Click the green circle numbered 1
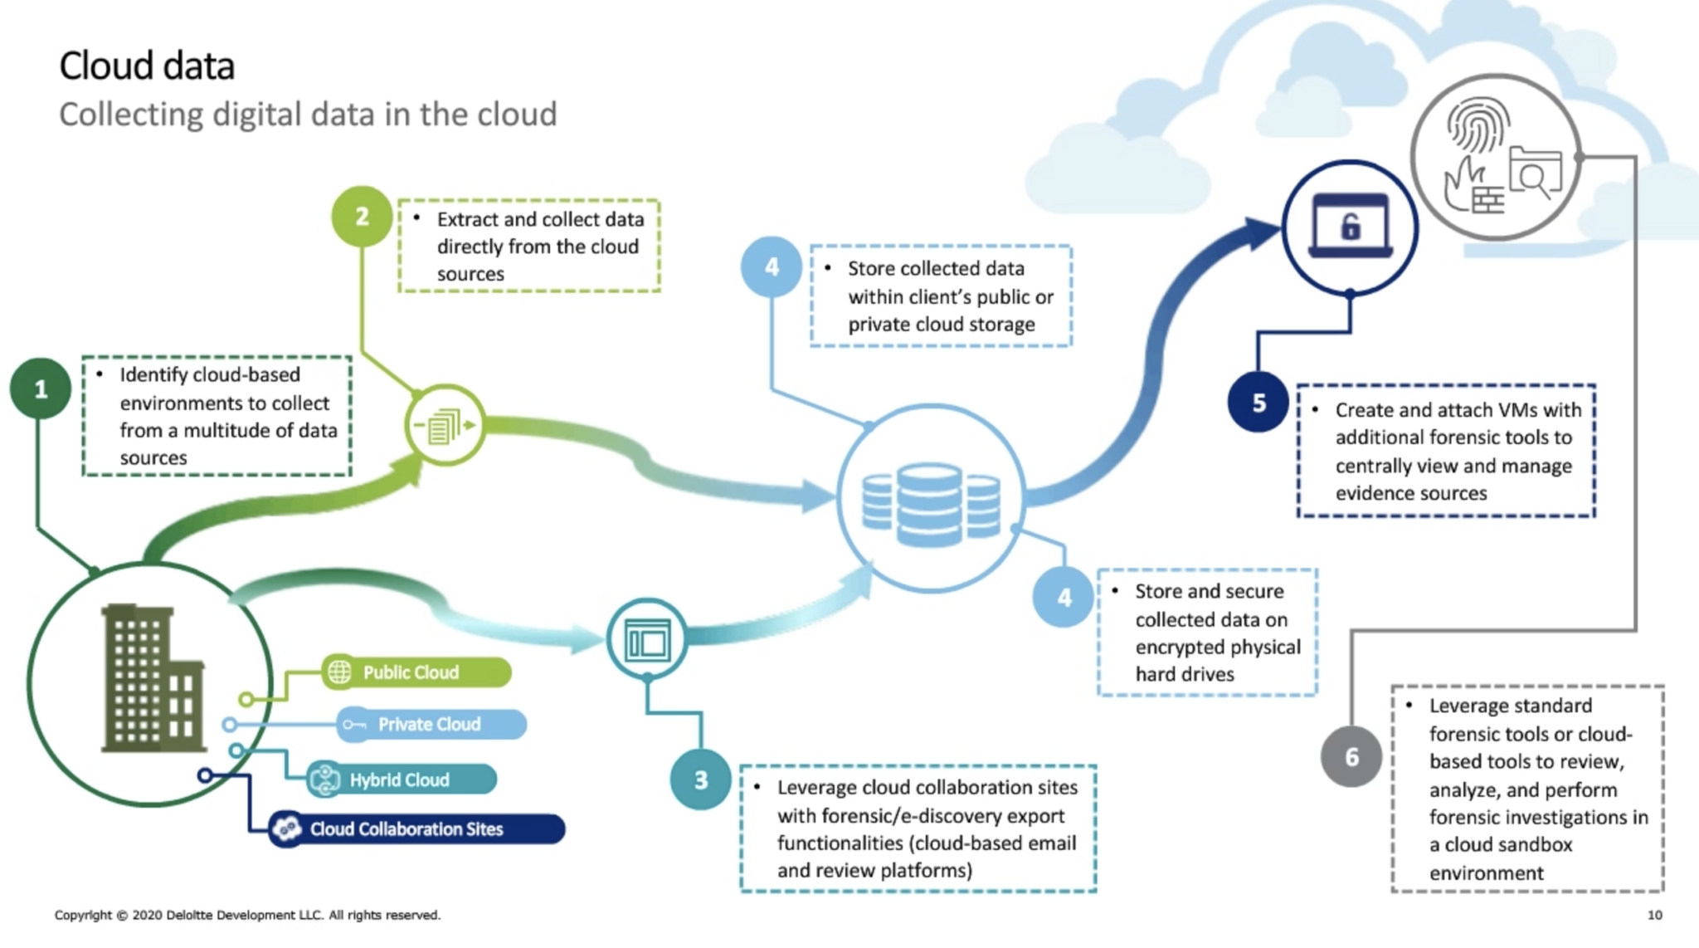click(40, 388)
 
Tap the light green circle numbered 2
click(362, 217)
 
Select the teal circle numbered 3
click(701, 779)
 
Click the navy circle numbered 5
click(1258, 403)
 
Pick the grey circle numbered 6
click(1351, 756)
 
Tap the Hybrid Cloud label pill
click(402, 779)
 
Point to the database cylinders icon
click(931, 504)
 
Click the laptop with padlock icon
click(1350, 227)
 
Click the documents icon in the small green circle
click(445, 425)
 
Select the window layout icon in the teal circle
click(647, 640)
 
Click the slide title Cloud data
click(147, 66)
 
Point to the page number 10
click(1654, 915)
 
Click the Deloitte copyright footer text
click(247, 915)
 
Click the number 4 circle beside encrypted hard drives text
click(1064, 597)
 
